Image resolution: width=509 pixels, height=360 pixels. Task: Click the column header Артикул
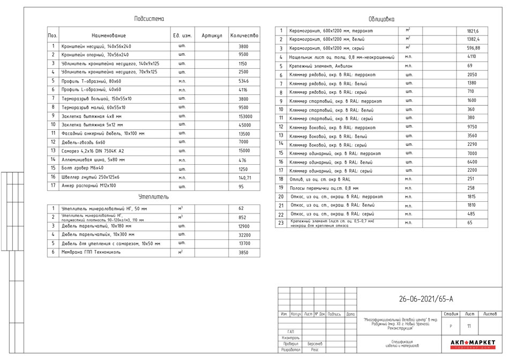coord(211,35)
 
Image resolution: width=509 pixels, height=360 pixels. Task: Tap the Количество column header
coord(244,35)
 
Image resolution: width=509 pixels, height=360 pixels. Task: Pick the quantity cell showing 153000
coord(244,116)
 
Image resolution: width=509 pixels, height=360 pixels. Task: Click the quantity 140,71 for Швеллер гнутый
coord(245,177)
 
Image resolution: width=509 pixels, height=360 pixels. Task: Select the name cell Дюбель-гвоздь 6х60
coord(84,142)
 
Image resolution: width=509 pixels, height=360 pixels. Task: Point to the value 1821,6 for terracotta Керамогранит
coord(473,31)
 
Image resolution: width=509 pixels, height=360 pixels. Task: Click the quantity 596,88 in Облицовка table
coord(473,48)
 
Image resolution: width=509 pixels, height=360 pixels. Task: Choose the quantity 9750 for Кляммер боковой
coord(472,127)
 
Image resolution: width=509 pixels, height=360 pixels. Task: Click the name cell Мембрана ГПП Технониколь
coord(93,252)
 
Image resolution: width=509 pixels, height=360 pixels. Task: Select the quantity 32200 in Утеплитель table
coord(244,235)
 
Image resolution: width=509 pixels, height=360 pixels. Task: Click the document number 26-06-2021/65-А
coord(426,299)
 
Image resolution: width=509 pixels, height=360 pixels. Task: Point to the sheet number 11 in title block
coord(469,326)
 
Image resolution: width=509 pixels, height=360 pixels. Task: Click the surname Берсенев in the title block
coord(315,343)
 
